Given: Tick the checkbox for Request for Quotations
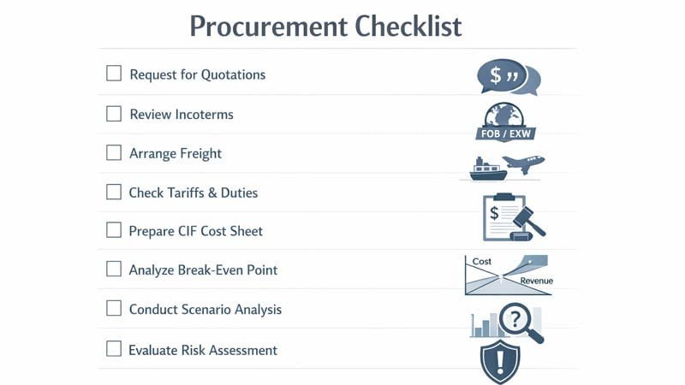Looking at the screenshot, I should pos(114,74).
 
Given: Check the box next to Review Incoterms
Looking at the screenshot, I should pos(114,113).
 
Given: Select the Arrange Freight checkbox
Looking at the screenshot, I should pos(114,152).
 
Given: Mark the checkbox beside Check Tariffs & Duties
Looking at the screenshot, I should pos(114,192).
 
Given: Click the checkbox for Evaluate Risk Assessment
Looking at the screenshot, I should pos(114,348).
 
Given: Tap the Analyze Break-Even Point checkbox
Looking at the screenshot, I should pos(114,269).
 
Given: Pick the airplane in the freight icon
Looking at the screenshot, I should pos(523,163).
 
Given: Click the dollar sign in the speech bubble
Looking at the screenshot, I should pos(495,76).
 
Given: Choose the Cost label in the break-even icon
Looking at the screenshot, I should pos(481,261).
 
